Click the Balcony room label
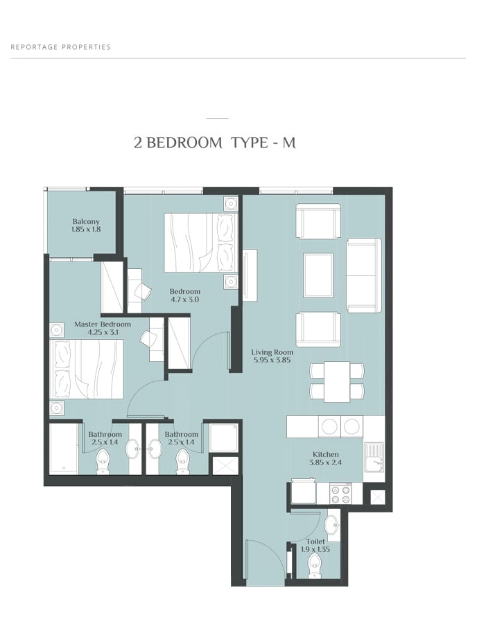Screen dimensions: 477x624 [x=86, y=222]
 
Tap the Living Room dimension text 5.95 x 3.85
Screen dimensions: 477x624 [x=272, y=360]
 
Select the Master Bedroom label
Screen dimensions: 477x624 [x=102, y=324]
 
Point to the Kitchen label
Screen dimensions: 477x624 [x=325, y=454]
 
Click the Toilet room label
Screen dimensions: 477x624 [x=315, y=541]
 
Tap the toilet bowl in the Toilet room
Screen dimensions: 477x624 [x=315, y=566]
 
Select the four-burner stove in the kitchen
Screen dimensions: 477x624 [x=341, y=494]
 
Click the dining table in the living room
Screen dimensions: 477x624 [x=337, y=381]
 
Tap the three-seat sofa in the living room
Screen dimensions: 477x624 [x=363, y=275]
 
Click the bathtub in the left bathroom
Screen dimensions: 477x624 [x=64, y=449]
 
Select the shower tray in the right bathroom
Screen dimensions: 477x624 [x=224, y=437]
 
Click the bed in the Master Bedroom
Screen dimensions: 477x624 [x=87, y=369]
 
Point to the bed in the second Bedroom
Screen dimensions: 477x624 [x=201, y=243]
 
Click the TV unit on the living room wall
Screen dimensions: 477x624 [x=250, y=275]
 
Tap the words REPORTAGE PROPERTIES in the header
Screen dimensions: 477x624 [x=60, y=47]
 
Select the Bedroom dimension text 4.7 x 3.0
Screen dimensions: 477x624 [x=184, y=300]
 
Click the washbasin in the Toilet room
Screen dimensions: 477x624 [x=331, y=525]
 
